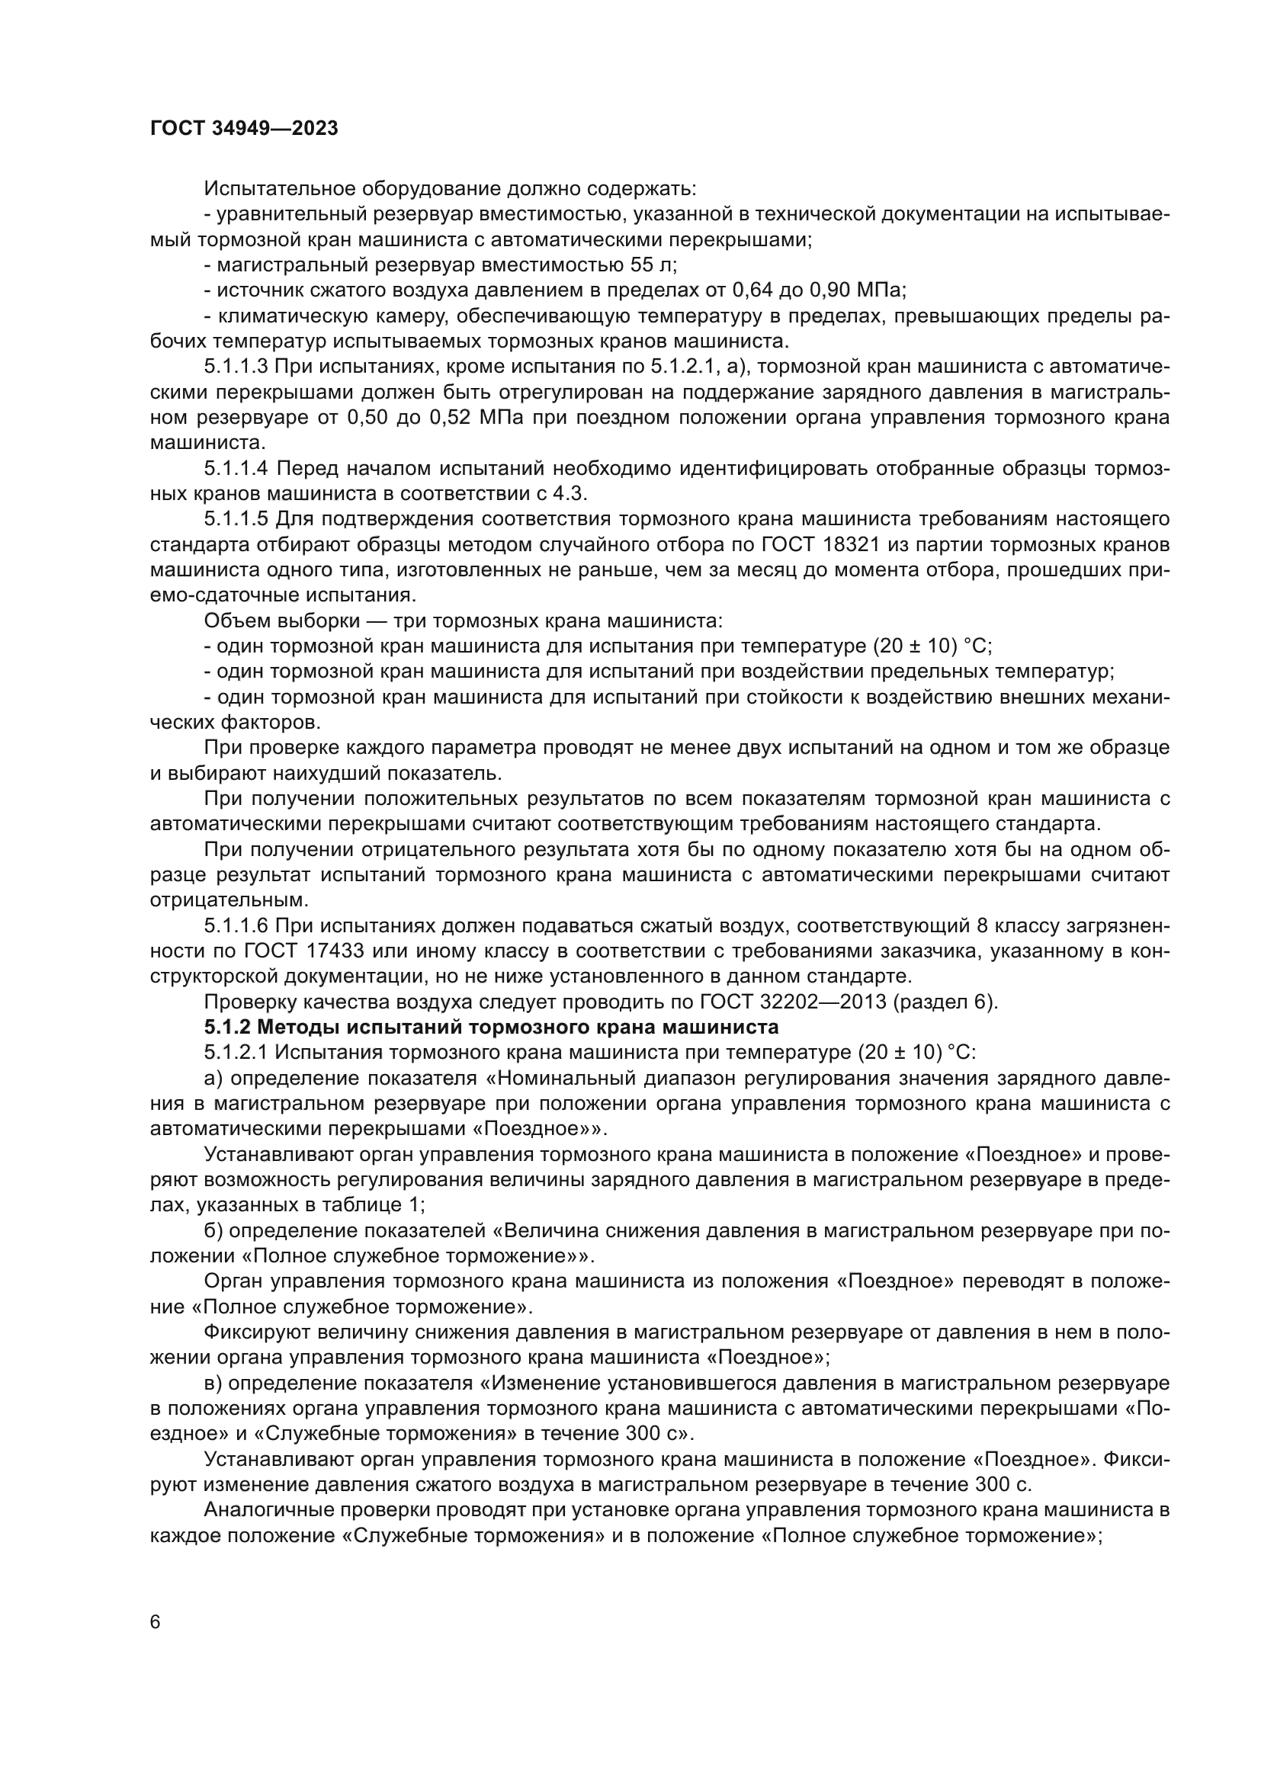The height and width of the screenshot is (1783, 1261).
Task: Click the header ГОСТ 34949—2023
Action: pos(244,129)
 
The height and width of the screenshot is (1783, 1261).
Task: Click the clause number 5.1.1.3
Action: pos(236,367)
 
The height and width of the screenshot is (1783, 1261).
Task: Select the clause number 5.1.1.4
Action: pos(236,468)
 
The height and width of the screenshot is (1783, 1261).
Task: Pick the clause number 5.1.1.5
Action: pos(236,519)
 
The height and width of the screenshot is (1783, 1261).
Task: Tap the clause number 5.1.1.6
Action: pos(236,925)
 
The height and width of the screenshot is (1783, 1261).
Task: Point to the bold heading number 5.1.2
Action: pos(226,1028)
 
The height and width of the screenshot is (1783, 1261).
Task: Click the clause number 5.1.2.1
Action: pos(236,1053)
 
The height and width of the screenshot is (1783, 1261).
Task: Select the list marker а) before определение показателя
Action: pos(213,1079)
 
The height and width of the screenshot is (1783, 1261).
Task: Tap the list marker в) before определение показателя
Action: pos(213,1383)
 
